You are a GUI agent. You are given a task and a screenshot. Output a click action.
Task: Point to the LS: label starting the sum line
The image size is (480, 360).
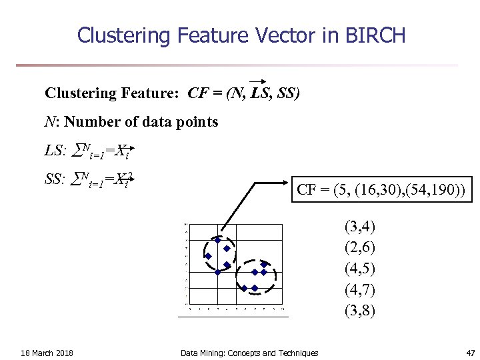tap(55, 151)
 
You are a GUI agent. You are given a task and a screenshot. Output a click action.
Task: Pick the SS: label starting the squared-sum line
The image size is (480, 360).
tap(55, 179)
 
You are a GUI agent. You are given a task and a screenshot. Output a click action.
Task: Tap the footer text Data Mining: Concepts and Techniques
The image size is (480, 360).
tap(249, 353)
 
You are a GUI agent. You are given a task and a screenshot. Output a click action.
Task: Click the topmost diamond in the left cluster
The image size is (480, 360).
tap(217, 240)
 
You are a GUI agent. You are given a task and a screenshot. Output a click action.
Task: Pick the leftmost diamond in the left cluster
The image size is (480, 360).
tap(208, 256)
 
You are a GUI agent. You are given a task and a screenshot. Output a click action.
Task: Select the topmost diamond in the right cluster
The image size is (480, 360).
tap(264, 264)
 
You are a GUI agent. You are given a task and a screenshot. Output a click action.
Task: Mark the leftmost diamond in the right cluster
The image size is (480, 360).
tap(245, 288)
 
